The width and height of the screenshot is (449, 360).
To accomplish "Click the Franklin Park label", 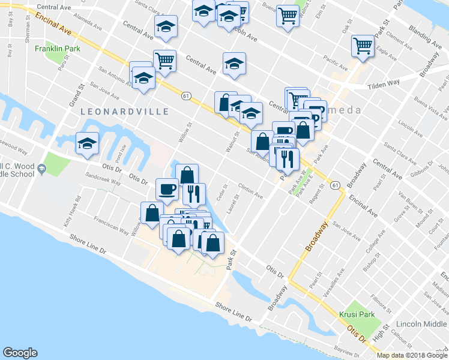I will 56,49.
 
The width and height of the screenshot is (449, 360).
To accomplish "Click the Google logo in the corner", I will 20,353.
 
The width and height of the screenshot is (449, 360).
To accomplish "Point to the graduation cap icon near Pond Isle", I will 87,144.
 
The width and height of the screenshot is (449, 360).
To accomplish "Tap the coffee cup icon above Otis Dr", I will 167,190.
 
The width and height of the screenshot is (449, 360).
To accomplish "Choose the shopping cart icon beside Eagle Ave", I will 363,46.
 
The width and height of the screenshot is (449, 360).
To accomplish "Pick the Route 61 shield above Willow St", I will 186,95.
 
